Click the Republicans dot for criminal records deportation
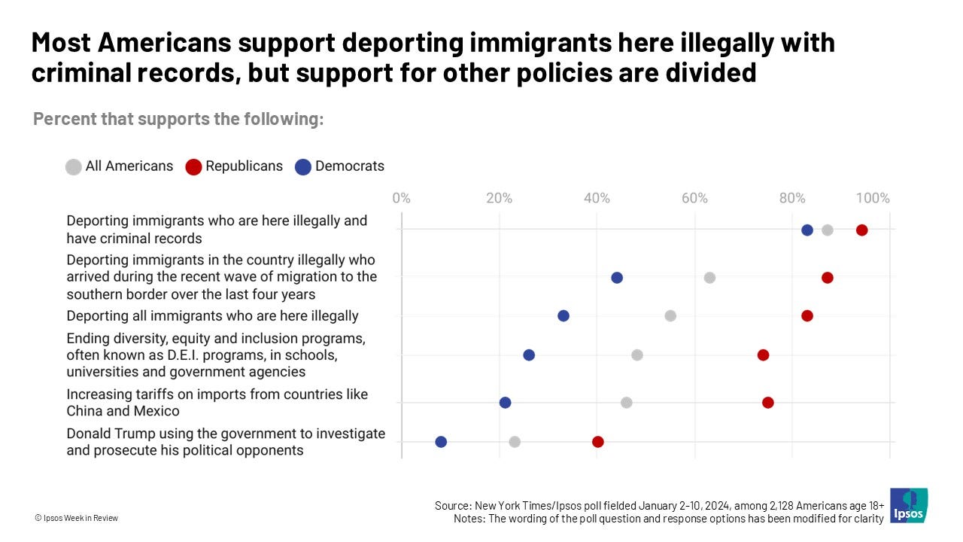point(861,230)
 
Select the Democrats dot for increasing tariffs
point(505,403)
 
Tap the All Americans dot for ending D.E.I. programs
point(637,355)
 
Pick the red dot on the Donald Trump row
point(597,442)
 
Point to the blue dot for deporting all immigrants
point(564,315)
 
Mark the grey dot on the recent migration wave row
point(709,278)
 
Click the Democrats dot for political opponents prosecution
point(441,442)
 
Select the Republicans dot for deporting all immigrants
point(807,315)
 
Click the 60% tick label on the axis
point(694,198)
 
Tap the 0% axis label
point(401,198)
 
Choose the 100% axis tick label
point(873,198)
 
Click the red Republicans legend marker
point(193,167)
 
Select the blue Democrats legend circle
point(303,167)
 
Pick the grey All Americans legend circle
point(74,167)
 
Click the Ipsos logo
point(908,505)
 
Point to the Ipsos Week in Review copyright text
point(77,518)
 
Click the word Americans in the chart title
point(164,42)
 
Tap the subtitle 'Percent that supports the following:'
point(178,119)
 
